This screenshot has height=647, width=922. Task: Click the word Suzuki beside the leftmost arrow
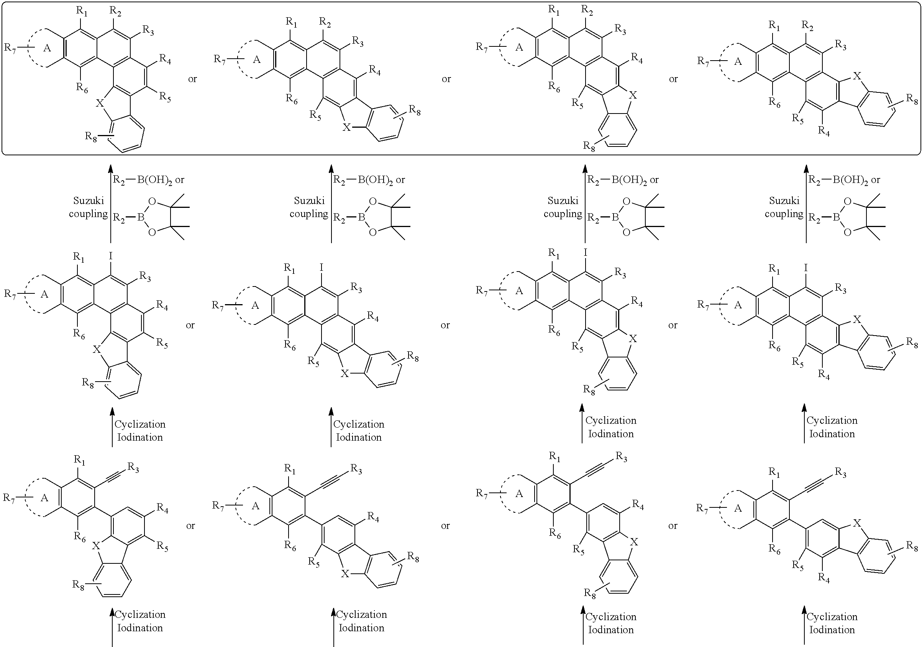tap(89, 200)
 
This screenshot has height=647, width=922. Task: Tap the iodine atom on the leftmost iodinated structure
tap(111, 255)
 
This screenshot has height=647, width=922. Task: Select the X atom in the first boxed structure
tap(100, 103)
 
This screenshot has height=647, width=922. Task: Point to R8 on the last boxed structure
tap(912, 99)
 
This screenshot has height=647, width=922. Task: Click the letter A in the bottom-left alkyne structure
tap(44, 498)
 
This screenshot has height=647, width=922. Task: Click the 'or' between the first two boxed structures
tap(192, 79)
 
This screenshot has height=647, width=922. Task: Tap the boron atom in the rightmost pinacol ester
tap(836, 217)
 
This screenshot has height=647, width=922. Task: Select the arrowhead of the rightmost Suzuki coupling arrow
tap(806, 169)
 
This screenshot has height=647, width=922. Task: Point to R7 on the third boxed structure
tap(482, 47)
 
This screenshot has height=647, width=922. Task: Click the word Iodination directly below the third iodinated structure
tap(611, 434)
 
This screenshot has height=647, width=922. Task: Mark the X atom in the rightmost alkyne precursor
tap(857, 523)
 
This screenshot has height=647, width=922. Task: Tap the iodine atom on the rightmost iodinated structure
tap(806, 268)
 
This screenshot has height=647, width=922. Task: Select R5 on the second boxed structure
tap(315, 115)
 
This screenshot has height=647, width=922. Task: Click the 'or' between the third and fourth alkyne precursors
tap(673, 526)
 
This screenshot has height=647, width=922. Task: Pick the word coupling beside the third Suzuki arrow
tap(563, 214)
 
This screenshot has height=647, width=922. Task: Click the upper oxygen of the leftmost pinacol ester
tap(152, 201)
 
